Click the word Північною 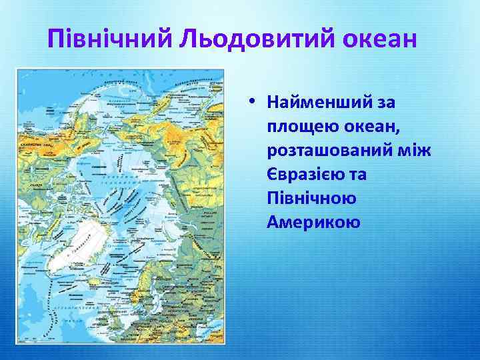click(x=311, y=198)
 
